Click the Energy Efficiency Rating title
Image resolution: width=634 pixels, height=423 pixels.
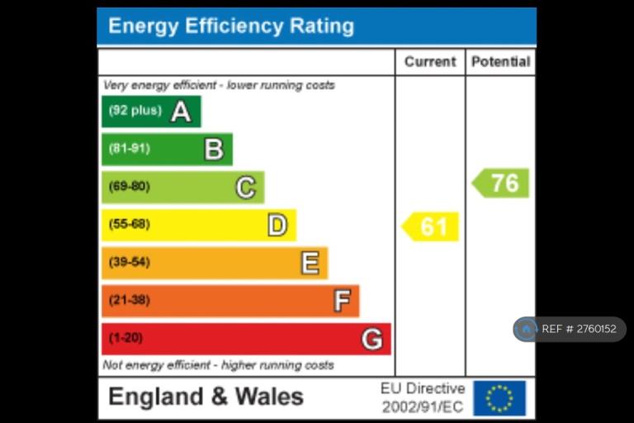pyautogui.click(x=231, y=26)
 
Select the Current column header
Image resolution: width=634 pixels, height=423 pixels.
pyautogui.click(x=430, y=62)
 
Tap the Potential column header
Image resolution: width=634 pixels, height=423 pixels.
pyautogui.click(x=500, y=62)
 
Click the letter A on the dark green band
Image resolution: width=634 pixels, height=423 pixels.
pyautogui.click(x=181, y=112)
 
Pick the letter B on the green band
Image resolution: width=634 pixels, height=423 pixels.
pyautogui.click(x=214, y=150)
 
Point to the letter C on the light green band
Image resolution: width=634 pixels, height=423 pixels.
pyautogui.click(x=245, y=188)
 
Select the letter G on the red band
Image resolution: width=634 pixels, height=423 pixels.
pyautogui.click(x=372, y=339)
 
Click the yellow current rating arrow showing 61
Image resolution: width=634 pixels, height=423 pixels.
pyautogui.click(x=431, y=226)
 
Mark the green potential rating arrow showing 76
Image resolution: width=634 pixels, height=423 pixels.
pyautogui.click(x=501, y=183)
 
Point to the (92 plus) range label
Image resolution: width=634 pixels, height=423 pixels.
pyautogui.click(x=135, y=111)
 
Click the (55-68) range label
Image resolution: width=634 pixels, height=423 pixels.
pyautogui.click(x=130, y=225)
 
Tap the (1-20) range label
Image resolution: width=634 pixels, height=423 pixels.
pyautogui.click(x=125, y=339)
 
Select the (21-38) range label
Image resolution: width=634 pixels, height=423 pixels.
pyautogui.click(x=130, y=301)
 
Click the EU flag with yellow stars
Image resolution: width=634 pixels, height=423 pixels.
pyautogui.click(x=499, y=398)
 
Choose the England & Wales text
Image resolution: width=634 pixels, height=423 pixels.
pyautogui.click(x=206, y=397)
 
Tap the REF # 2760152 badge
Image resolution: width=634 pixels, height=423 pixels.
pyautogui.click(x=570, y=329)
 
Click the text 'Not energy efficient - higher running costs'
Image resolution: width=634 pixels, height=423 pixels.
pyautogui.click(x=219, y=365)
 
